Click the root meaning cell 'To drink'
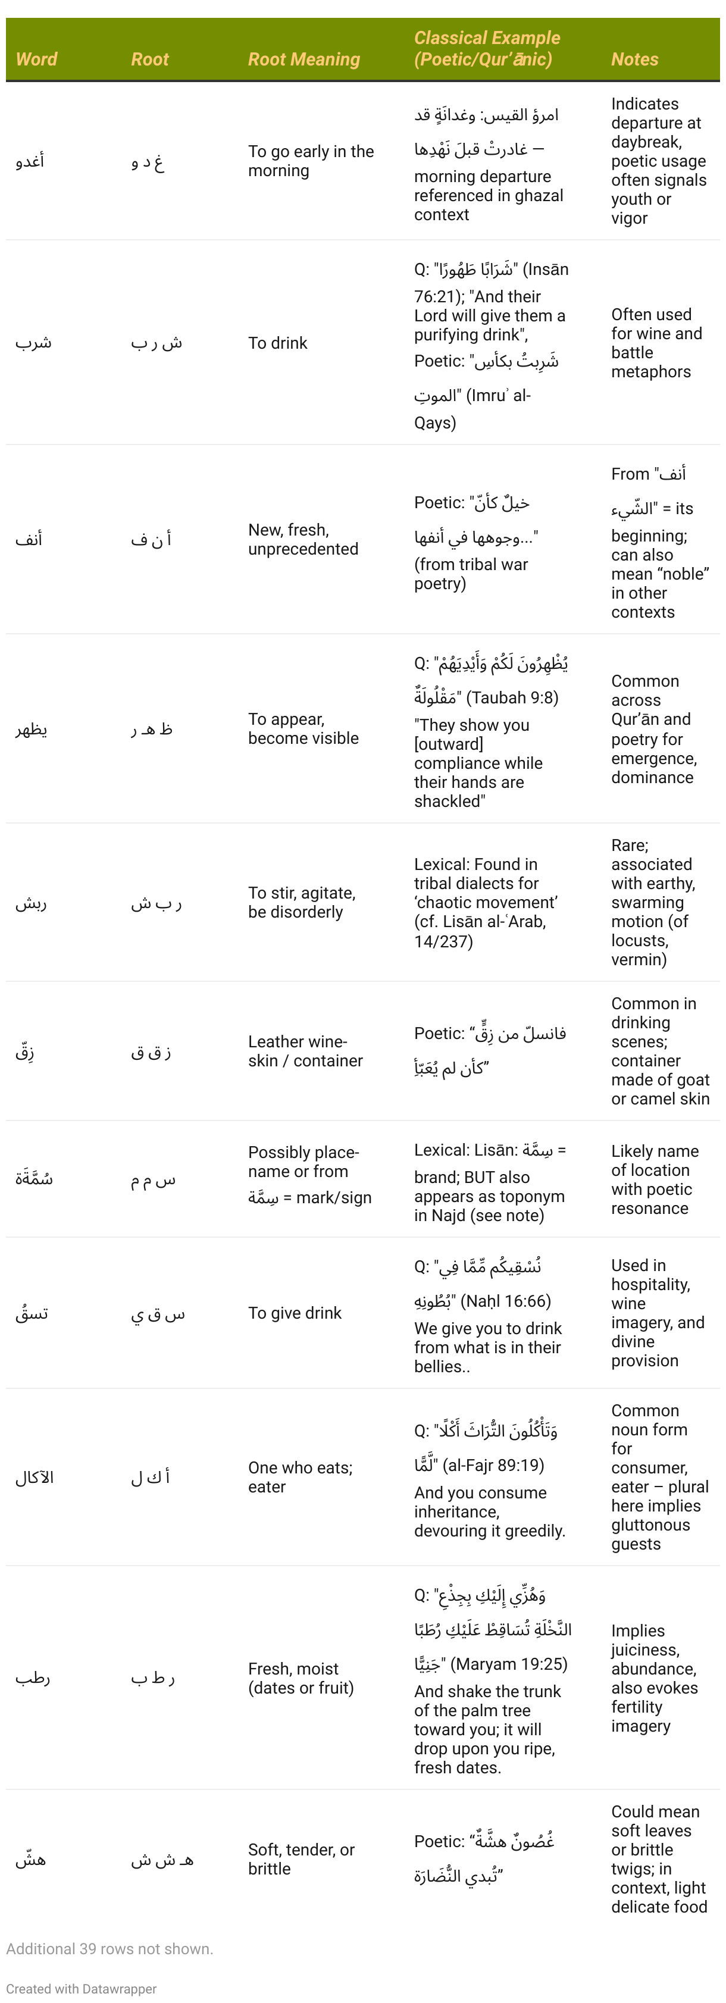277,343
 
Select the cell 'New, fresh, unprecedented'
303,539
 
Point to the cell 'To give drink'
295,1313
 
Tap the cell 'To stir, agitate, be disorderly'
302,902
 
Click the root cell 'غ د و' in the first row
147,162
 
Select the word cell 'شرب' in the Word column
33,343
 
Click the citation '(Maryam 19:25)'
511,1664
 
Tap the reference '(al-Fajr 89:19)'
493,1465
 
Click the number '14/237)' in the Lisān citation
443,941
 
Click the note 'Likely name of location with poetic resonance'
655,1179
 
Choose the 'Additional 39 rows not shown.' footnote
109,1949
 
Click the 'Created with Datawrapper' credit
81,1988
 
